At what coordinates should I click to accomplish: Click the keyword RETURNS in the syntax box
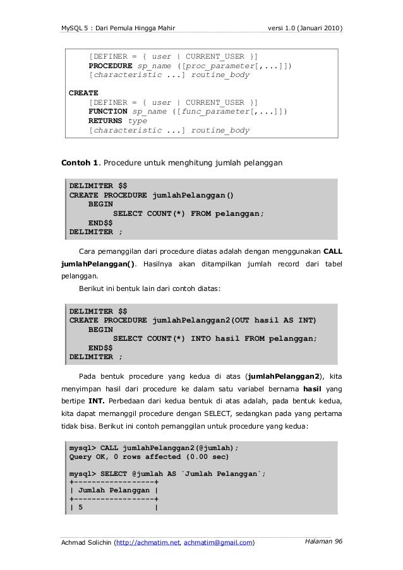click(105, 121)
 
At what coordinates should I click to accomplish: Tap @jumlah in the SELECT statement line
click(150, 475)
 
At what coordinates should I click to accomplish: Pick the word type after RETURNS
click(138, 121)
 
